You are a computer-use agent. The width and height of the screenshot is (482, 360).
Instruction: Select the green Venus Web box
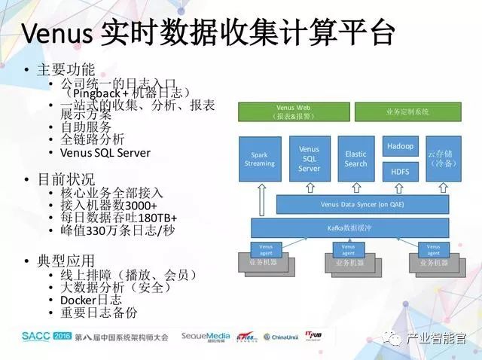[x=293, y=111]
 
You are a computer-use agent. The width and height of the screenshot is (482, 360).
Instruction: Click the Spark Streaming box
[x=260, y=159]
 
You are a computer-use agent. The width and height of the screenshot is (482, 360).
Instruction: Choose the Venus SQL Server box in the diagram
[x=309, y=159]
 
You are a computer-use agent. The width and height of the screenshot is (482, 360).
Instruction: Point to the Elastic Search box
[x=355, y=159]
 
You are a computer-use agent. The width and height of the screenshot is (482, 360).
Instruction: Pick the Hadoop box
[x=400, y=146]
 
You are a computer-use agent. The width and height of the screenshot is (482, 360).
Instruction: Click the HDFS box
[x=400, y=172]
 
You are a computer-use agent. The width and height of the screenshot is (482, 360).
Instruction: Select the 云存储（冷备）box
[x=441, y=159]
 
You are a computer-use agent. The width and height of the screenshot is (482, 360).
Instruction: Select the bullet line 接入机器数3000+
[x=108, y=206]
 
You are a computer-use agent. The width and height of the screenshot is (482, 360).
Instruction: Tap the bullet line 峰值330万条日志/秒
[x=117, y=230]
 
